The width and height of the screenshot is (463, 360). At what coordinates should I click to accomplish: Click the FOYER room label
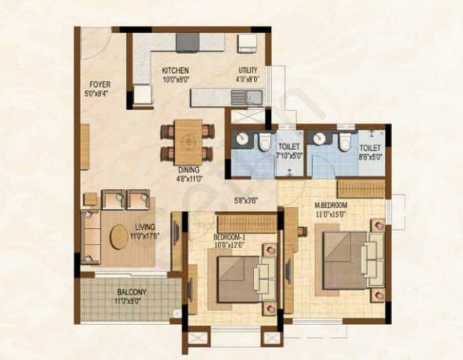(99, 85)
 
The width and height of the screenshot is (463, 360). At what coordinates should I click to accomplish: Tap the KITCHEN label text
(175, 70)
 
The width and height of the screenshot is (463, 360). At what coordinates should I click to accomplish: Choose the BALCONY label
(132, 292)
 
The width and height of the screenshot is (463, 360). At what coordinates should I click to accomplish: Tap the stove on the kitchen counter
(187, 42)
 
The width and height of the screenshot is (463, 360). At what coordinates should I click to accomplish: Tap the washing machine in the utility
(247, 43)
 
